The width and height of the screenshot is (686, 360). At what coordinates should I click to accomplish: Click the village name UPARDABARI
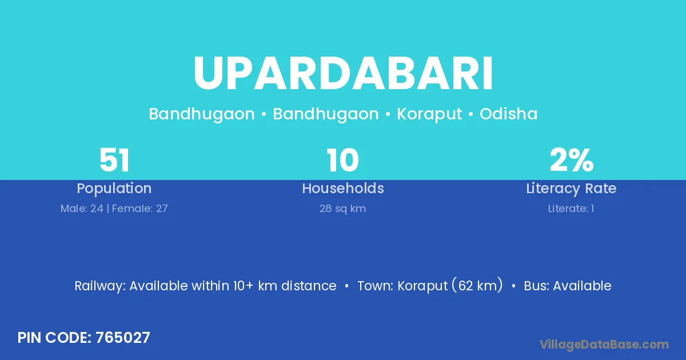coord(343,73)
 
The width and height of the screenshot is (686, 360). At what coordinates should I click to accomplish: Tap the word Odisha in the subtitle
coord(508,114)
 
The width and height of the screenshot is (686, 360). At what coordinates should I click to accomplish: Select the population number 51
coord(114,160)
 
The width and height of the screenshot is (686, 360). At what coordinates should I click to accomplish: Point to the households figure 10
coord(342,160)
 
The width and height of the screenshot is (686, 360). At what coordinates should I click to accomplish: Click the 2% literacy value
coord(572,160)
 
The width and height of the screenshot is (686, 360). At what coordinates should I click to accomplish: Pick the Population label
coord(114,189)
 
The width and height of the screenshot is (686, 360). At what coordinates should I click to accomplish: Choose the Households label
coord(343,188)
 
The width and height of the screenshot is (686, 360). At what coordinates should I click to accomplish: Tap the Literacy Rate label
coord(571,189)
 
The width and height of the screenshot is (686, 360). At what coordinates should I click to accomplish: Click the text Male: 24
coord(82,209)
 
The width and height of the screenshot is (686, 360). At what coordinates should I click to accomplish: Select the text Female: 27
coord(139,209)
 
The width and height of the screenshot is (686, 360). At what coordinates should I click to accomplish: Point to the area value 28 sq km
coord(342,209)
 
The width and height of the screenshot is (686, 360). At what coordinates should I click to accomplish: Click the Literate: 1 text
coord(571,209)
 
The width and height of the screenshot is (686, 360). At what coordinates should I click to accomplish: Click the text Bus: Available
coord(568,286)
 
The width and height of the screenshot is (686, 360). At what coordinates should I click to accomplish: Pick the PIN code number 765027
coord(123,338)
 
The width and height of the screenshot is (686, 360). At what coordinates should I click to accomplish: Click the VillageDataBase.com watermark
coord(604,345)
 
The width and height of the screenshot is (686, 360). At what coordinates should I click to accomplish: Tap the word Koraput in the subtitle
coord(429,114)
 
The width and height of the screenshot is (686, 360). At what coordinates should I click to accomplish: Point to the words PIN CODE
coord(54,338)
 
